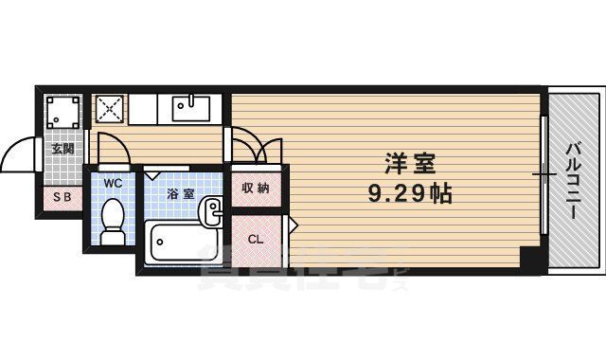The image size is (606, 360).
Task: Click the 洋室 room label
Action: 409,164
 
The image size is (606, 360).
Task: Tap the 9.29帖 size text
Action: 409,195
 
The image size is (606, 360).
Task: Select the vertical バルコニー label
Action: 575,181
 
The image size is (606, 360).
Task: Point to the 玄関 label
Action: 62,149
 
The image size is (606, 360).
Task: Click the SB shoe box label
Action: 62,197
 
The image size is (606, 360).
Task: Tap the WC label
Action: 113,182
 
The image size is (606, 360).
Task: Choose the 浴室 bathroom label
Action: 180,193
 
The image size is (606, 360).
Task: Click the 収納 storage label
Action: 255,188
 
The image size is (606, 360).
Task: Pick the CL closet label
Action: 255,239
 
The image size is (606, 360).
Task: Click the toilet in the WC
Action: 113,220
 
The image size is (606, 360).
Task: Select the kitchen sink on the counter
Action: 195,106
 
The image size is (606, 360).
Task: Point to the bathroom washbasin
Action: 213,207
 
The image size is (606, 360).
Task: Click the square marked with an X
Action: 108,108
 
